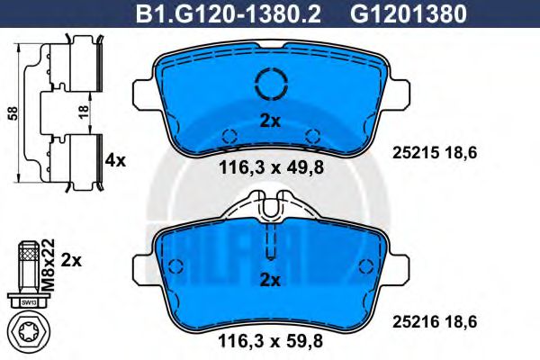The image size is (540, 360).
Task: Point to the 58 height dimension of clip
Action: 11,112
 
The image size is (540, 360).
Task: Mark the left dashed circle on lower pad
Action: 176,266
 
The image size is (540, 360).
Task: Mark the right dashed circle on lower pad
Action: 366,266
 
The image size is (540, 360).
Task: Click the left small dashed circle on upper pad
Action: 229,136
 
